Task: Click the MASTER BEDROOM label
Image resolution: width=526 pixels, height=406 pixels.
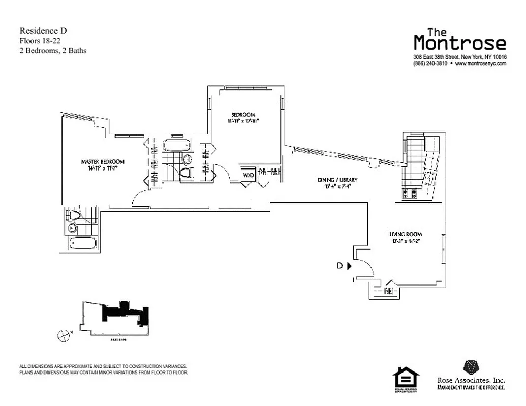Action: click(x=102, y=162)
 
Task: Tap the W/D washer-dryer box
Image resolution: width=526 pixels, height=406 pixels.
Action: click(x=248, y=175)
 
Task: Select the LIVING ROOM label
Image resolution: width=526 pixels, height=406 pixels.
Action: click(x=406, y=234)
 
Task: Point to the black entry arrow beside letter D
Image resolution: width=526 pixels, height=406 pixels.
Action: click(x=350, y=265)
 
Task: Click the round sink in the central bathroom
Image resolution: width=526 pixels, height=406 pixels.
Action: click(x=187, y=159)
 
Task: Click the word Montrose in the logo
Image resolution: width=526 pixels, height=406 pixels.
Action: click(x=459, y=43)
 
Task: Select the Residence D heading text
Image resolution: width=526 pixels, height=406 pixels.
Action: click(x=43, y=31)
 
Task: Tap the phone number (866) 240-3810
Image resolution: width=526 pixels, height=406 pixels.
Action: click(x=430, y=64)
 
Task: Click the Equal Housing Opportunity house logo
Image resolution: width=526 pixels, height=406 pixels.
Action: click(x=406, y=378)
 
